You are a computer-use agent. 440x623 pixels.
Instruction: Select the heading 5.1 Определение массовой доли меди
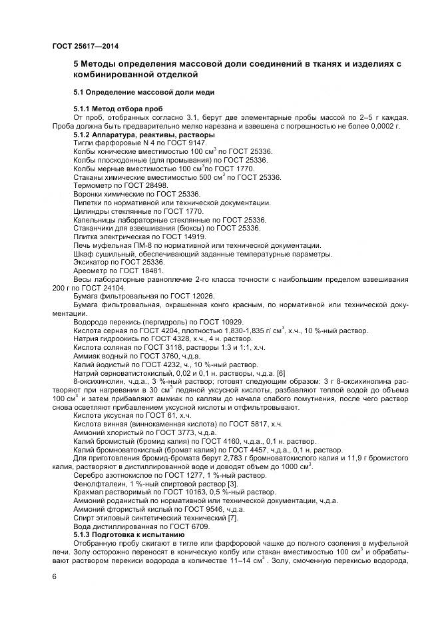tap(143, 91)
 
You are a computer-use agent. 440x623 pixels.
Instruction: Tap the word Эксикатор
tap(93, 262)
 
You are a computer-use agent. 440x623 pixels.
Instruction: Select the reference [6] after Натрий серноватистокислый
tap(280, 372)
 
